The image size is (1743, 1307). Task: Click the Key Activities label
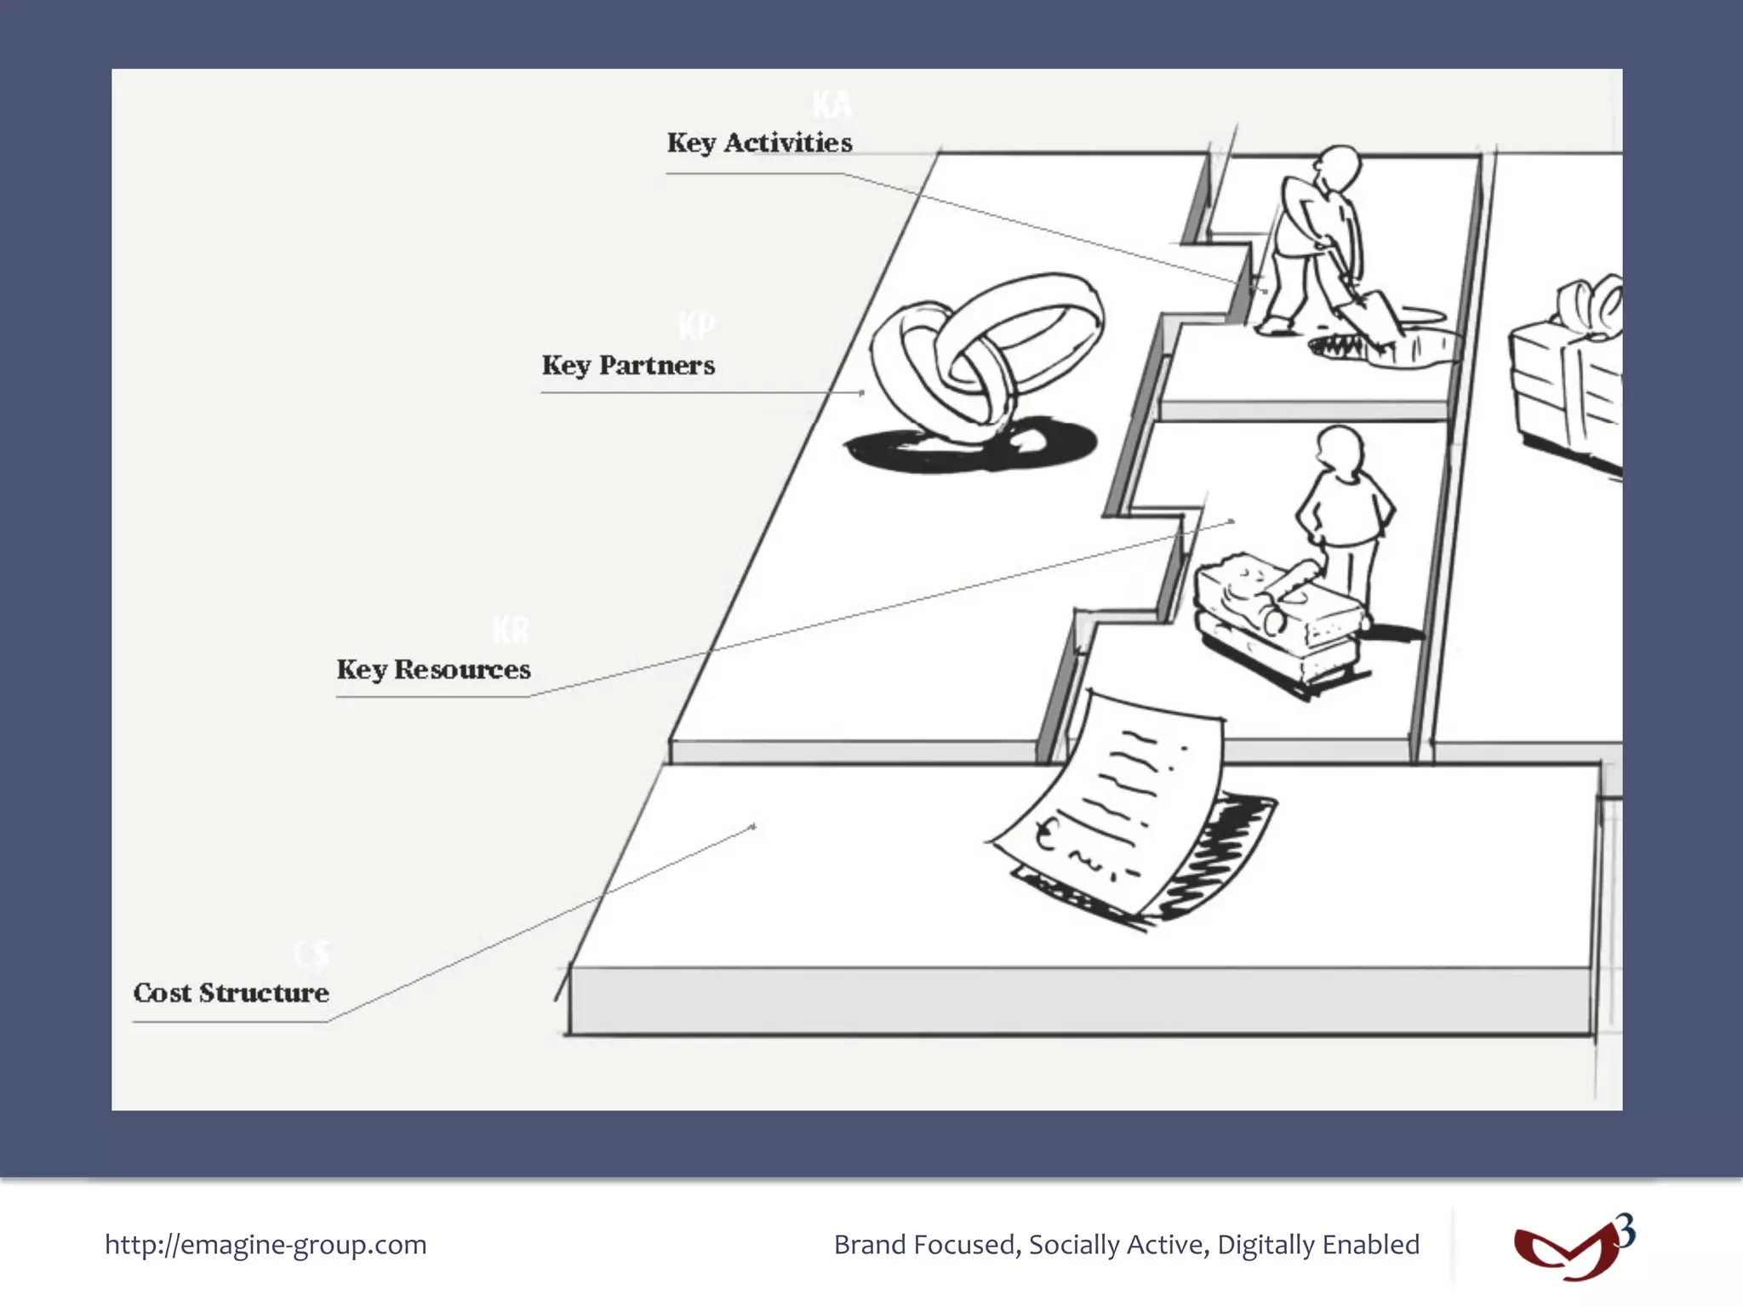(759, 143)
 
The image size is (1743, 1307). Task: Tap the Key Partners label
(628, 366)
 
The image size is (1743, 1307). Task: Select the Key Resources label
(433, 670)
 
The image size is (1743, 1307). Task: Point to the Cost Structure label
(231, 993)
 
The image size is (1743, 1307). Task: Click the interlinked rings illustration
(987, 353)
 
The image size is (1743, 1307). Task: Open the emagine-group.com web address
(266, 1245)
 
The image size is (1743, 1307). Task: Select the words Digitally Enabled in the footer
(1318, 1245)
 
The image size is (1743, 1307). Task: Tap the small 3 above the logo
(1625, 1230)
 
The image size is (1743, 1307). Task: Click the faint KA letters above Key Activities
(831, 105)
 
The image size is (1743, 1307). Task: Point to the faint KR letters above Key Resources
(511, 631)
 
